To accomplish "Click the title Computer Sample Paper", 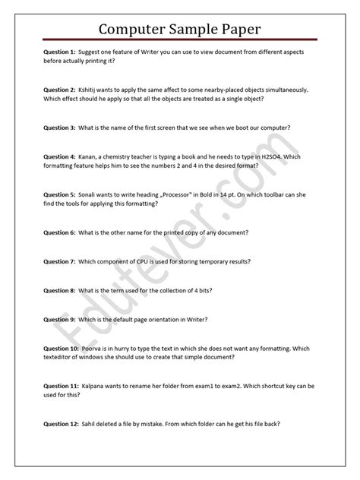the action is tap(180, 29).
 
